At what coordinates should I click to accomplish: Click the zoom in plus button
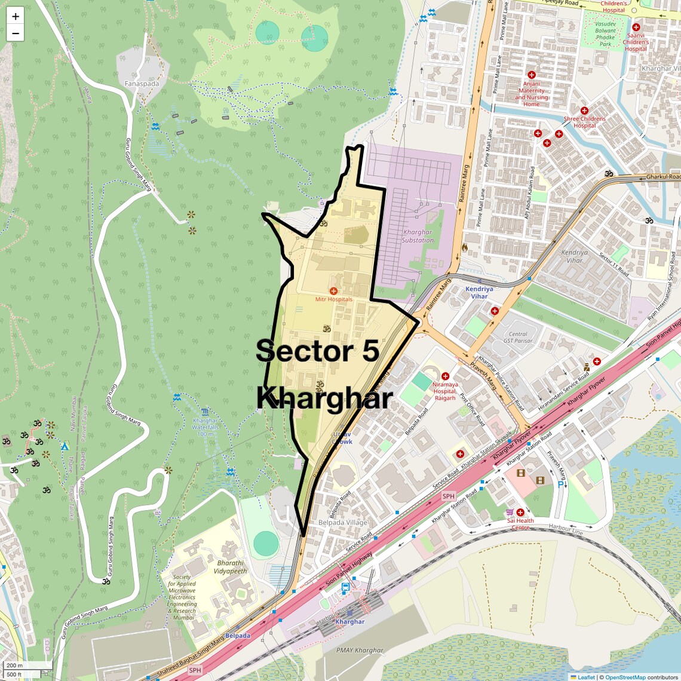[x=16, y=17]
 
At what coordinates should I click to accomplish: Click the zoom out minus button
[x=16, y=33]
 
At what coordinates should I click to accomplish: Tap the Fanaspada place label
[x=142, y=84]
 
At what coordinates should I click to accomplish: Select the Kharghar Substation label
[x=418, y=236]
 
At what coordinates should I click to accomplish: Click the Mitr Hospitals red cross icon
[x=333, y=290]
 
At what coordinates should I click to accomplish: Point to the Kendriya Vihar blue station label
[x=479, y=292]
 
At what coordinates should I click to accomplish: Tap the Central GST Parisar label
[x=517, y=338]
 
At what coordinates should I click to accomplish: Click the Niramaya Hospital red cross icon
[x=445, y=376]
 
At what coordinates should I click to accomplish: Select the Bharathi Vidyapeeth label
[x=231, y=567]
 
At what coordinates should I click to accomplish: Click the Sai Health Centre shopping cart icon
[x=510, y=512]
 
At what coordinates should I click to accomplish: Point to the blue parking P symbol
[x=560, y=484]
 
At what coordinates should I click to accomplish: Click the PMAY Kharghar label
[x=360, y=650]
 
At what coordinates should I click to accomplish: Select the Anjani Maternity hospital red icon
[x=531, y=75]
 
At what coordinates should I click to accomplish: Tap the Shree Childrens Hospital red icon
[x=584, y=111]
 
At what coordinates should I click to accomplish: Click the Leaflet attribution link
[x=585, y=677]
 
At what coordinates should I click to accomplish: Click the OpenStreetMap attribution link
[x=625, y=677]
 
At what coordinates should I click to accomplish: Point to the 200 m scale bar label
[x=14, y=665]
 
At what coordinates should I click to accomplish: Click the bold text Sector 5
[x=318, y=351]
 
